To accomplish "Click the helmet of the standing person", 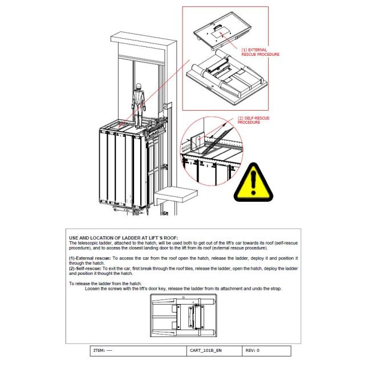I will coord(137,86).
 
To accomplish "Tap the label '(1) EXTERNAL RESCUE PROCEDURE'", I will coord(260,52).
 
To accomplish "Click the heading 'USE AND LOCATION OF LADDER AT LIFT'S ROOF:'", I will coord(123,237).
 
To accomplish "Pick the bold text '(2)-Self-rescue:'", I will coord(84,269).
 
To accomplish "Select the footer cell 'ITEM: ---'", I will coord(102,350).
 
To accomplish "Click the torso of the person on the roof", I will coord(137,100).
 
